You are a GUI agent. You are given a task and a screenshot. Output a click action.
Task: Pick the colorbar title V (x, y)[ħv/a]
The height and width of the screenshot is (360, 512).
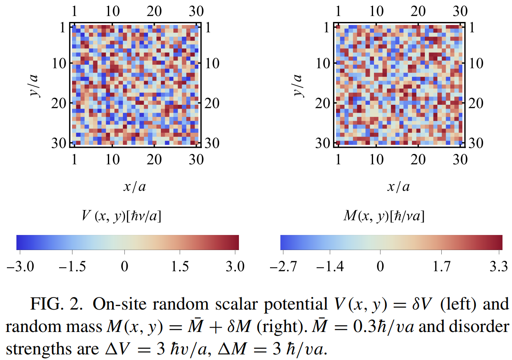pos(122,216)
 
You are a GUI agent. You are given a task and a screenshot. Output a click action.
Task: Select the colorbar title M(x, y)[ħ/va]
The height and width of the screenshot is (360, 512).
pos(383,216)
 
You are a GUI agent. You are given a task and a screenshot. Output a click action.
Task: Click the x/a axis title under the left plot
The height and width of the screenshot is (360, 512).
pos(135,186)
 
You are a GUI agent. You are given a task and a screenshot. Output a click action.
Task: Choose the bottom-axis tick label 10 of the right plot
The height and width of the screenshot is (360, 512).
pos(377,160)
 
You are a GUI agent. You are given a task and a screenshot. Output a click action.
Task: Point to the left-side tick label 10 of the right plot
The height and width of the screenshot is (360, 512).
pos(325,63)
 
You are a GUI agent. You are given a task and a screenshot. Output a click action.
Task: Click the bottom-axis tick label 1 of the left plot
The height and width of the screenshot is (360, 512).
pos(75,160)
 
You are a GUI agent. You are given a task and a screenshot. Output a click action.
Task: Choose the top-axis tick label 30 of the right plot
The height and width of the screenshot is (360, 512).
pos(461,10)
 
